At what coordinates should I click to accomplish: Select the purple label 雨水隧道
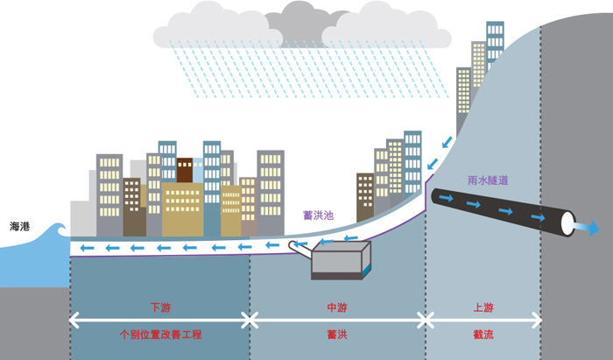489,180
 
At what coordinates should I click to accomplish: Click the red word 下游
159,307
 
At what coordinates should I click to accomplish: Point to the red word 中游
337,307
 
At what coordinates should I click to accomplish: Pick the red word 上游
483,307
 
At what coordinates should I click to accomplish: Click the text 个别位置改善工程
159,335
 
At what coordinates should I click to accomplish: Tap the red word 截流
483,335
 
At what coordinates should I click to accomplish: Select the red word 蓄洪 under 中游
337,335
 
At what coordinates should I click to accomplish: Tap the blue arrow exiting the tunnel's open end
585,228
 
